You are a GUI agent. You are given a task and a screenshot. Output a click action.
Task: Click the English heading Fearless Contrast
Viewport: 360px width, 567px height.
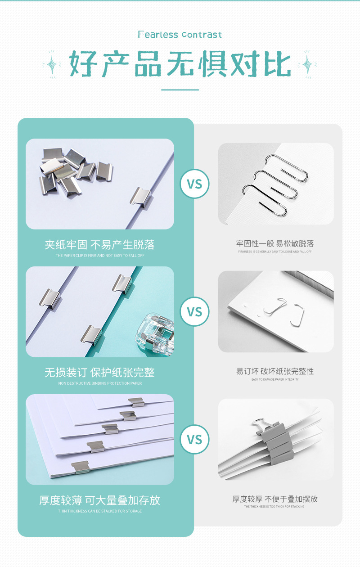(x=180, y=35)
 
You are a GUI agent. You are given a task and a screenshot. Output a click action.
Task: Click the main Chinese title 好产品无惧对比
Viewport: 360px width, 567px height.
(x=180, y=64)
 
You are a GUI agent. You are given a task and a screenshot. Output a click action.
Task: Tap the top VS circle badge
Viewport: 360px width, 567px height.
(x=194, y=184)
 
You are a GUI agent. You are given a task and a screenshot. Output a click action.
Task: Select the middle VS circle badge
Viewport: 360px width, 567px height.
(x=194, y=311)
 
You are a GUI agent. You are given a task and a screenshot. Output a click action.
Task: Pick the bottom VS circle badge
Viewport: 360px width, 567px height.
(x=194, y=439)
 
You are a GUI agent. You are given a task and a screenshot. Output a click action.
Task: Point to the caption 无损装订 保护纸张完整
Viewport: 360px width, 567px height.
(x=99, y=372)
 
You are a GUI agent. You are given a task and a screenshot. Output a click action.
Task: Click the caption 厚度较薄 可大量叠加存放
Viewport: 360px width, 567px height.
(x=99, y=500)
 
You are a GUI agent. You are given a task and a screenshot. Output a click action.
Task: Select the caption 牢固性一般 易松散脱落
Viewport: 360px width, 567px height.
(x=275, y=243)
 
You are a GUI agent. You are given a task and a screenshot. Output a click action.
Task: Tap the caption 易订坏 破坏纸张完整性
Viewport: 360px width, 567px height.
(x=275, y=371)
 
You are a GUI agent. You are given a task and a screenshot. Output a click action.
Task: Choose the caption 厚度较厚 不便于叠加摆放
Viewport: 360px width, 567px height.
(x=275, y=499)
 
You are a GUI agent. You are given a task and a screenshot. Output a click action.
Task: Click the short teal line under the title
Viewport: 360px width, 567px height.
(x=180, y=90)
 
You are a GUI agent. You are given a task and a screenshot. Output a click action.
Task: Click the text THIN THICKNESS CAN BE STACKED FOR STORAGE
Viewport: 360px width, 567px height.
(x=99, y=511)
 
